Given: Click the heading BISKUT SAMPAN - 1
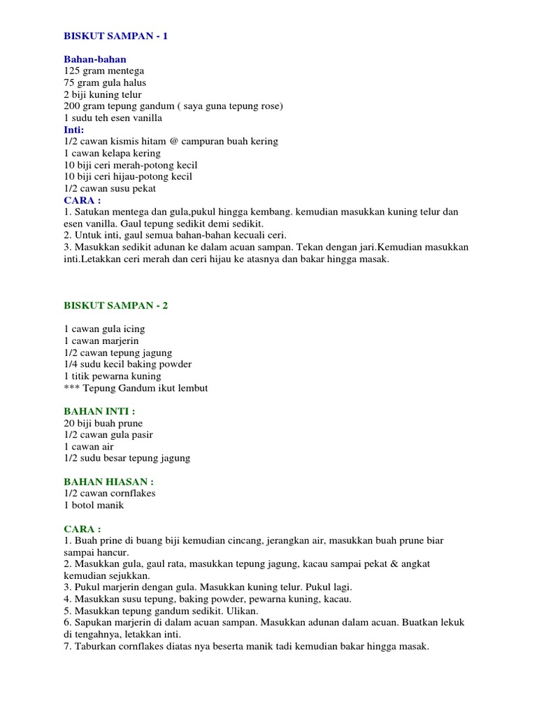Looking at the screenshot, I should [x=115, y=36].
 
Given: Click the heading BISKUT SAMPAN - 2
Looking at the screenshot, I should [x=115, y=306].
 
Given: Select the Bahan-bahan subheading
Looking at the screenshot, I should [x=95, y=59].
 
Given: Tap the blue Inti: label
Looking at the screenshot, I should [x=73, y=129].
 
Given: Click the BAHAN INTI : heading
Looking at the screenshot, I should [x=99, y=411].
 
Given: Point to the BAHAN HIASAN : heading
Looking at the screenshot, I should [x=108, y=482].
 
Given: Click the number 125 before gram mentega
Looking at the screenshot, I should [x=72, y=71].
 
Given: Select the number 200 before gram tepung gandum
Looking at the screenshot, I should [x=72, y=106].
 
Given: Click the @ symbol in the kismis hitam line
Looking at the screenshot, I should [x=175, y=141].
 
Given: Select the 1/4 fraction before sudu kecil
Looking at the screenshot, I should [x=71, y=364].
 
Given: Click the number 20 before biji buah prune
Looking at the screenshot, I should [x=69, y=423].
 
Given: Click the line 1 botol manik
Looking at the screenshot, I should [x=94, y=505].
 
